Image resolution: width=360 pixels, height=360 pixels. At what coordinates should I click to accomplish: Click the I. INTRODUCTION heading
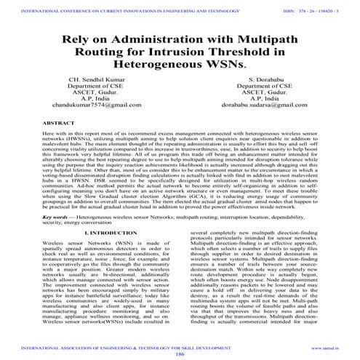pyautogui.click(x=105, y=232)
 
